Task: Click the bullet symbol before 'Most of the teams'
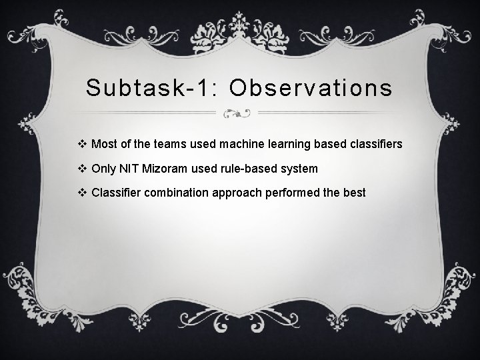coord(83,144)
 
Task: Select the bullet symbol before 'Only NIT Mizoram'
coord(83,169)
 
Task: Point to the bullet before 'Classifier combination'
coord(83,193)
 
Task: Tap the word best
coord(354,193)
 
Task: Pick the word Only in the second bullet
coord(103,169)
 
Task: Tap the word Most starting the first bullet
coord(104,144)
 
